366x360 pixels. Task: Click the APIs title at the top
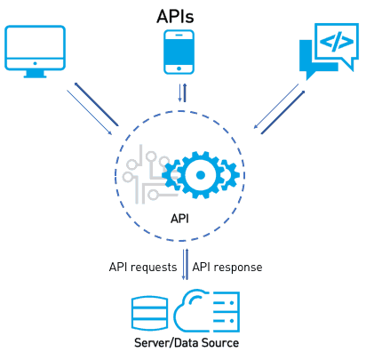click(x=182, y=15)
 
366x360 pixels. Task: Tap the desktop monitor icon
click(x=35, y=50)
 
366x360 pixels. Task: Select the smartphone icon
click(x=179, y=52)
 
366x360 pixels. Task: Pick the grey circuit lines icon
click(x=140, y=173)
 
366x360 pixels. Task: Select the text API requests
click(x=143, y=267)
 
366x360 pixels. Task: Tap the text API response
click(x=227, y=267)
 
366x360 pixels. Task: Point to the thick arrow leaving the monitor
click(x=96, y=105)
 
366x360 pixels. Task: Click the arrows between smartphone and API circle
click(x=182, y=94)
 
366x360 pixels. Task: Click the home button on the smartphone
click(x=179, y=69)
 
